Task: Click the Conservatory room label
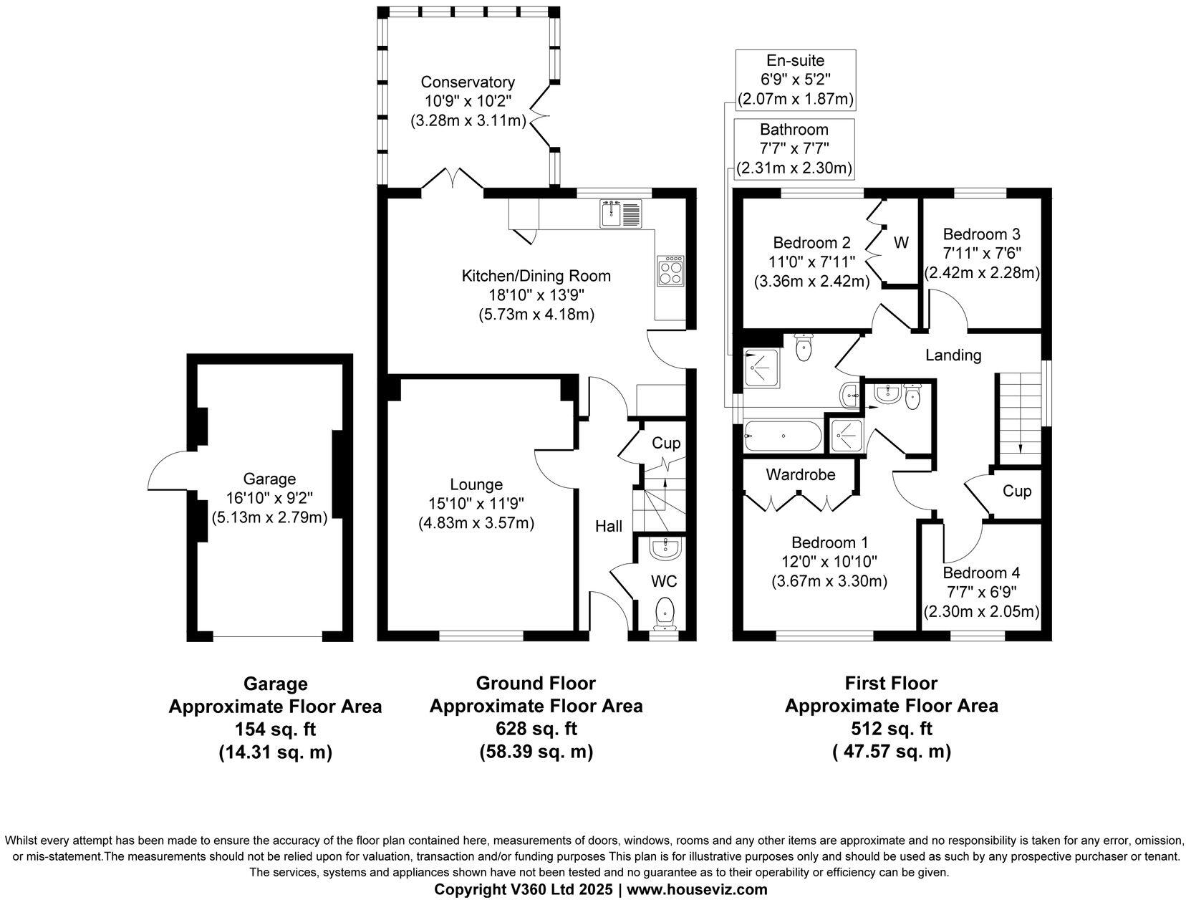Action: click(468, 82)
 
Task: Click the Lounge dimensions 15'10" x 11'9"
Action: click(476, 504)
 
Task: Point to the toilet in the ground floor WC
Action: click(665, 611)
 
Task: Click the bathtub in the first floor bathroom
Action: click(782, 435)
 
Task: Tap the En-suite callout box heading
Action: click(796, 61)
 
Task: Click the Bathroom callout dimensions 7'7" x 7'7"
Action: click(794, 149)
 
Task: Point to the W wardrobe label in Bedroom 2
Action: click(901, 243)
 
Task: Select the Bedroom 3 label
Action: click(981, 234)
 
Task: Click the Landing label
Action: click(953, 355)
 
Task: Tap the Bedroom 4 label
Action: click(981, 573)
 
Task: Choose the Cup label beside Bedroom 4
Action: click(1016, 491)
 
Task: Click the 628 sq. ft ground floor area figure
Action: click(536, 729)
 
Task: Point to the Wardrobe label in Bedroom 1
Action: click(800, 474)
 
